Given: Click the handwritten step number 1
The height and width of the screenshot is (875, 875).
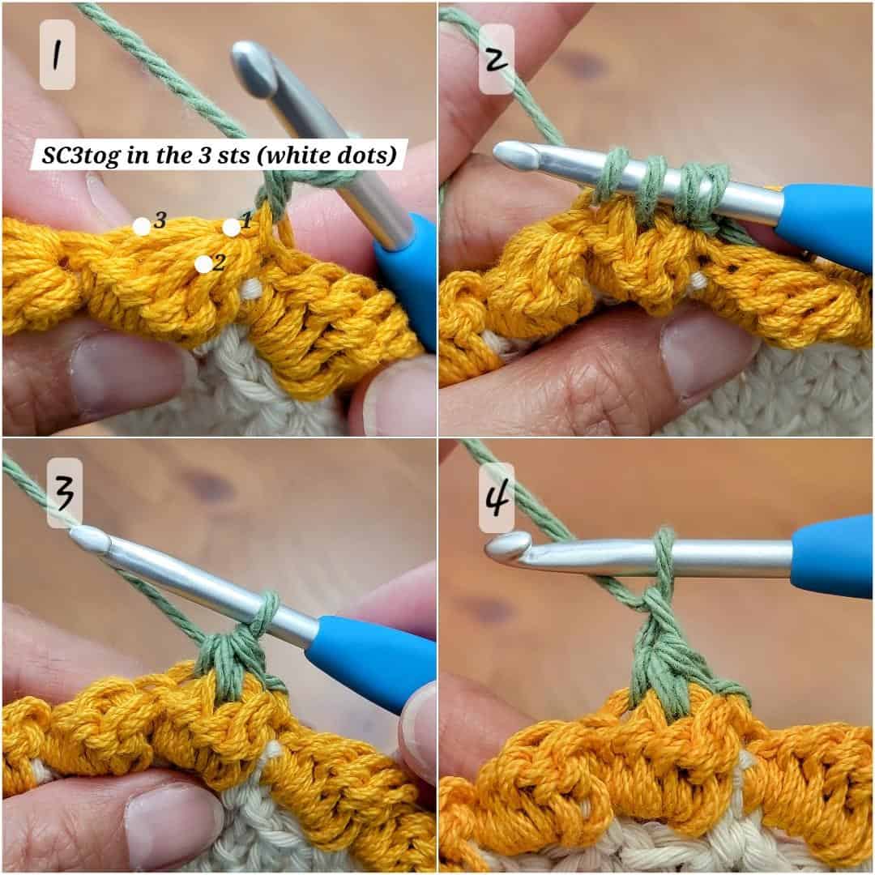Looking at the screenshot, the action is click(57, 56).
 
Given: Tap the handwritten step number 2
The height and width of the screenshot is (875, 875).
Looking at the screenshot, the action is click(496, 58).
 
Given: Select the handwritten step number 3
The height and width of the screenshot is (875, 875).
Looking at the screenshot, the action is click(64, 493).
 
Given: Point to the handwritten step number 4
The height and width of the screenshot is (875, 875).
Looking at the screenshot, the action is click(497, 497).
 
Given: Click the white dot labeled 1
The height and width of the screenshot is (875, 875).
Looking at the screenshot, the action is click(231, 228).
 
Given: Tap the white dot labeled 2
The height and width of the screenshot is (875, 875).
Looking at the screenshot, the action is click(203, 264).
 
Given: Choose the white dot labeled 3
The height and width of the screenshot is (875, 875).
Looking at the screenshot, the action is click(142, 227).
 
